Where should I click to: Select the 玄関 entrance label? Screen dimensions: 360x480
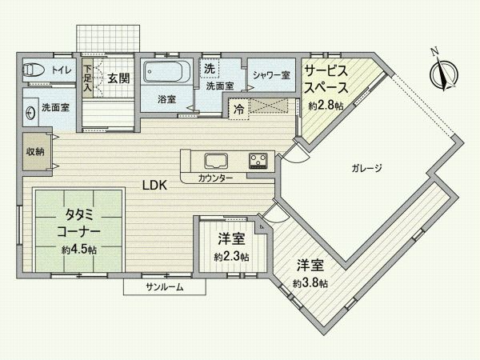(x=119, y=78)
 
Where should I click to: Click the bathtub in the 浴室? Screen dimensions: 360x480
(x=167, y=74)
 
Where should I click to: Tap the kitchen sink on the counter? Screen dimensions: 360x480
(x=217, y=158)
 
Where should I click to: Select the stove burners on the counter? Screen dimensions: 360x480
(x=259, y=159)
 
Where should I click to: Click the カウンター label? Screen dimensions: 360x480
(x=217, y=178)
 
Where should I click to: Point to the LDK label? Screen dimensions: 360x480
(x=154, y=184)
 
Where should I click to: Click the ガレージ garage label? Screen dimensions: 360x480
(x=367, y=169)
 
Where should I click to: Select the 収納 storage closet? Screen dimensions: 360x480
(x=34, y=152)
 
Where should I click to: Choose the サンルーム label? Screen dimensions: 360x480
(x=165, y=286)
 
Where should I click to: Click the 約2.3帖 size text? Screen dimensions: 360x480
(x=231, y=258)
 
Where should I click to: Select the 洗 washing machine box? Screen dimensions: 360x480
(x=208, y=67)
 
